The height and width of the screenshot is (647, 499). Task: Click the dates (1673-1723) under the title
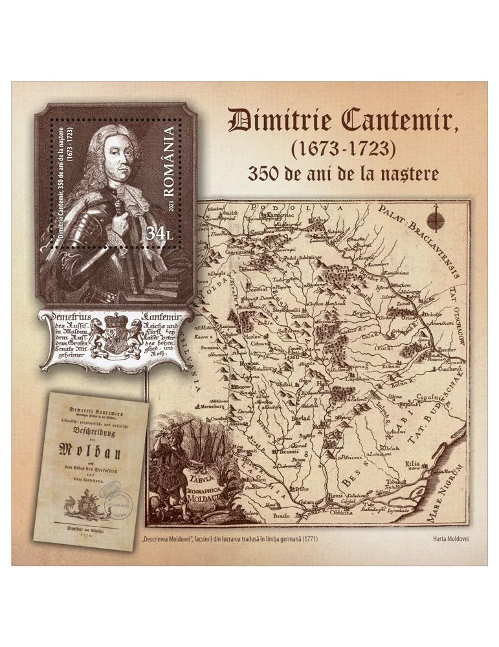[x=342, y=149]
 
